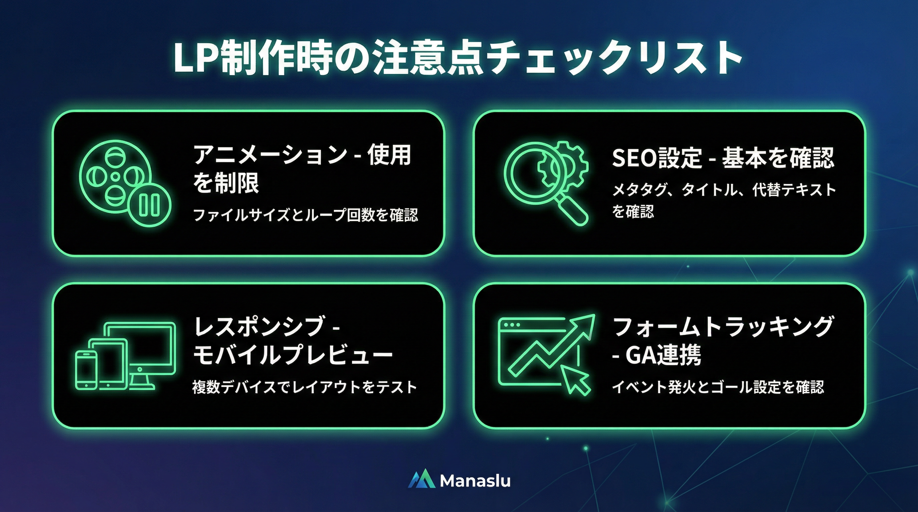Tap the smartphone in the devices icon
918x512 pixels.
pyautogui.click(x=86, y=370)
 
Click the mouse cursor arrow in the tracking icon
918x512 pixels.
pyautogui.click(x=575, y=379)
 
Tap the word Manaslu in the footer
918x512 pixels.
pyautogui.click(x=475, y=481)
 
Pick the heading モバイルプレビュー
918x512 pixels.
pyautogui.click(x=293, y=355)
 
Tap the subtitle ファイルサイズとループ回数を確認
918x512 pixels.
pyautogui.click(x=306, y=215)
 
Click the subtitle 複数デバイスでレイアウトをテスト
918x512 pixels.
pyautogui.click(x=305, y=387)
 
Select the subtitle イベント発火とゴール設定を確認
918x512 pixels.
pyautogui.click(x=718, y=387)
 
